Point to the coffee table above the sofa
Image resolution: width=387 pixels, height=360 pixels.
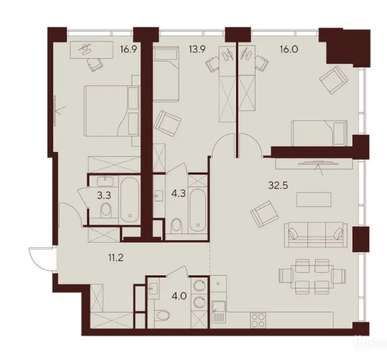[311, 199]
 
